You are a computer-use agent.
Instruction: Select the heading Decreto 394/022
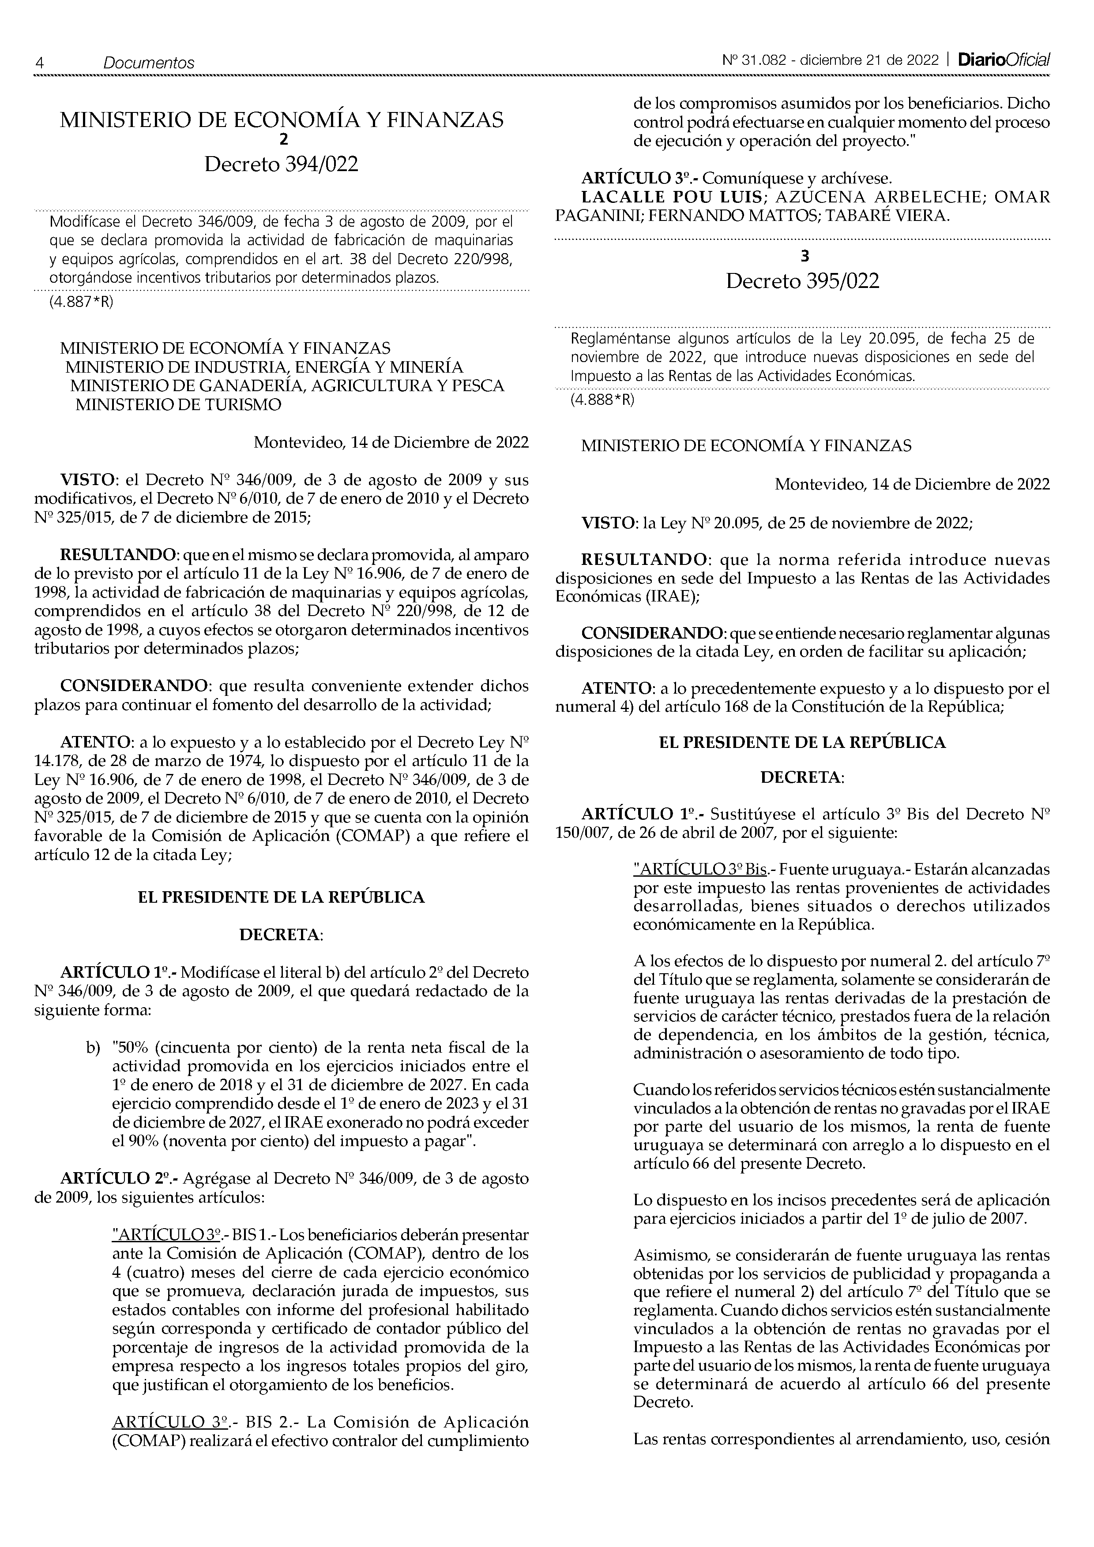pyautogui.click(x=281, y=164)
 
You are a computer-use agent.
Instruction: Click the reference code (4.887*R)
pyautogui.click(x=82, y=302)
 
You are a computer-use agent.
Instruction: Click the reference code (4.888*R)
pyautogui.click(x=603, y=400)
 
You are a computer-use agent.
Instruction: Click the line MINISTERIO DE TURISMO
pyautogui.click(x=178, y=405)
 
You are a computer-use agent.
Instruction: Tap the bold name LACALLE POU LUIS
pyautogui.click(x=673, y=198)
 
